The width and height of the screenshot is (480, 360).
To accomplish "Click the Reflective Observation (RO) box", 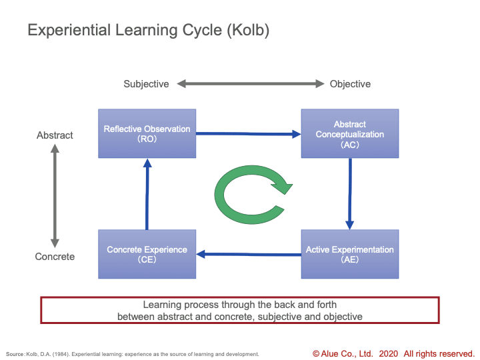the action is [147, 133].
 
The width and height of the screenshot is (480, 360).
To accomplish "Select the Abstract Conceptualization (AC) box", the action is [350, 133].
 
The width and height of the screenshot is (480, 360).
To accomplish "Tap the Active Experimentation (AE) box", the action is [350, 254].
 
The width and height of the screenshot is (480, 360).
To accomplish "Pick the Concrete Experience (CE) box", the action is [147, 254].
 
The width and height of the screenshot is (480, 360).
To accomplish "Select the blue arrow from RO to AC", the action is [249, 134].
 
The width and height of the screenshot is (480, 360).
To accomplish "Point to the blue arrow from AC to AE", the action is [350, 194].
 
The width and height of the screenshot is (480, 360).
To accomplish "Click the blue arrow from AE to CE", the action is [249, 254].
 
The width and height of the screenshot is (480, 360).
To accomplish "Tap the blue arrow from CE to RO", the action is [147, 194].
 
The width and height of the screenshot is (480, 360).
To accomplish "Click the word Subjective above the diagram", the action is [146, 84].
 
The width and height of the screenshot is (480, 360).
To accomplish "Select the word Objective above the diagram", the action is [350, 84].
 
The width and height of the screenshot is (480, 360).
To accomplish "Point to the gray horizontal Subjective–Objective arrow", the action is [251, 83].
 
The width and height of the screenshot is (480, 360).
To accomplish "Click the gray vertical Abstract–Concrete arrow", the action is [55, 195].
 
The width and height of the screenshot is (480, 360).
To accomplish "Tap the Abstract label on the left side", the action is [55, 135].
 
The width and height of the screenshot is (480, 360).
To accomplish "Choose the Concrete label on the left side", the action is [55, 257].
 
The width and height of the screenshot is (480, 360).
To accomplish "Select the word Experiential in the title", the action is [69, 30].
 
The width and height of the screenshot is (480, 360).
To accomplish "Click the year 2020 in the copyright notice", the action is [389, 354].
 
